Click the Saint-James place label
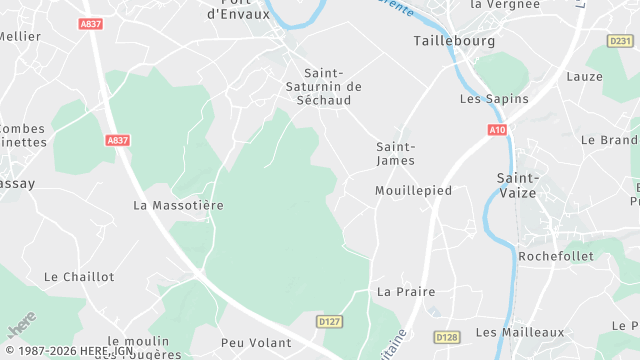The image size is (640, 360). point(395,153)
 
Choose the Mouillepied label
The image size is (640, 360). point(413,190)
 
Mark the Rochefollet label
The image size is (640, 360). point(556,256)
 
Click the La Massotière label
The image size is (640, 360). point(178,205)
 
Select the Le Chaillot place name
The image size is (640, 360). point(80,276)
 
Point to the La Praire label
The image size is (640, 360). point(398,292)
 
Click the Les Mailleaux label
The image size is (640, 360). point(520,332)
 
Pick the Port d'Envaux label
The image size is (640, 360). point(238,9)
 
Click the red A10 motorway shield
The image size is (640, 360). point(498,130)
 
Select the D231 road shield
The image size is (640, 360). point(619,41)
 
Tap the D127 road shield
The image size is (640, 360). point(329,321)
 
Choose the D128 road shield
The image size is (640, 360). point(447,339)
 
